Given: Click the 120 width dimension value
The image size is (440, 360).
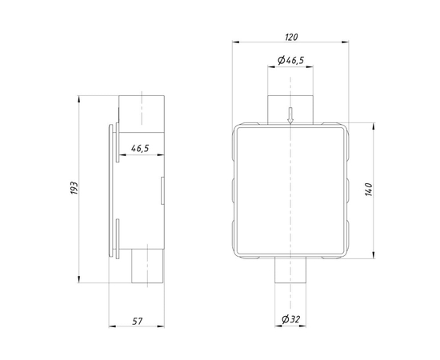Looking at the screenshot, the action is [x=291, y=37].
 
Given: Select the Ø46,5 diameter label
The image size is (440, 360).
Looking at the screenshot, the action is [x=290, y=60].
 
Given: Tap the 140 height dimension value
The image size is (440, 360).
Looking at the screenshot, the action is [x=369, y=190].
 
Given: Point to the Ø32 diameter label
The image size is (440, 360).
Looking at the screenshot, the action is [x=291, y=319].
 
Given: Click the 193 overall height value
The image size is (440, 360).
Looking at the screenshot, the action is [x=74, y=188].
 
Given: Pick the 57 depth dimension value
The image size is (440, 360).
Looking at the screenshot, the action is [x=138, y=321].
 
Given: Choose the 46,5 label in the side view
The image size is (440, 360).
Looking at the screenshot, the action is [x=140, y=148].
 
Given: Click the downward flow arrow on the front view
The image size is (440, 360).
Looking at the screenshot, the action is [x=290, y=115].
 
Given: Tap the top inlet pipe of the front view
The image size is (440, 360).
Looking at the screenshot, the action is [x=290, y=110].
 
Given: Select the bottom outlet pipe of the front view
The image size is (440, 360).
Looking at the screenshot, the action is [x=290, y=270].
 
